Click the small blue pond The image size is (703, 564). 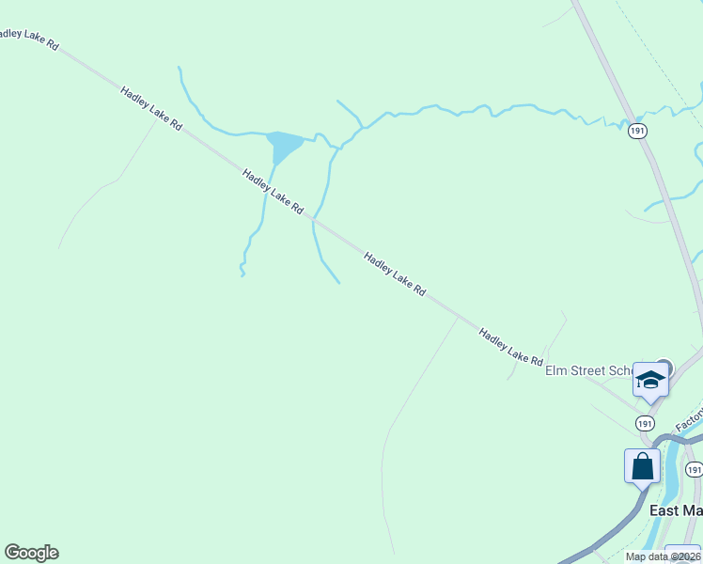[283, 146]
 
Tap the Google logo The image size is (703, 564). [31, 553]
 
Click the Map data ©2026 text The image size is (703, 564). [664, 556]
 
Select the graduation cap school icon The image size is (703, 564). [649, 380]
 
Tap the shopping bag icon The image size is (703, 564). [642, 466]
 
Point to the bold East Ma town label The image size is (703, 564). [676, 510]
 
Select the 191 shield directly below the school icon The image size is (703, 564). [645, 424]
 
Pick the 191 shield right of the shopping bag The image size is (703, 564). [694, 469]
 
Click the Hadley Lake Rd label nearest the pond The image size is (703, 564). [273, 191]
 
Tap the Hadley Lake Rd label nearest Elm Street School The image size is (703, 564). [510, 347]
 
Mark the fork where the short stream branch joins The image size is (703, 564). [362, 127]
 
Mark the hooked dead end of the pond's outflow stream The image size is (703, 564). [242, 273]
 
